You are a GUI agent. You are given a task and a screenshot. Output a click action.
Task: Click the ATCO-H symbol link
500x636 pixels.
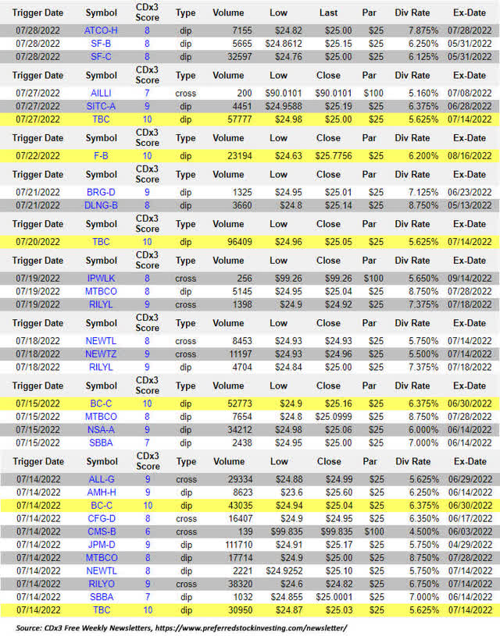click(101, 30)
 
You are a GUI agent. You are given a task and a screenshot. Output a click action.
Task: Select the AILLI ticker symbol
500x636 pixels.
click(101, 92)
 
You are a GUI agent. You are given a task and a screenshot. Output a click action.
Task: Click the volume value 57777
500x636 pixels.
click(235, 119)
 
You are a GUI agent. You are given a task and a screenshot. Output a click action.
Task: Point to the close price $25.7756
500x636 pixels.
click(329, 155)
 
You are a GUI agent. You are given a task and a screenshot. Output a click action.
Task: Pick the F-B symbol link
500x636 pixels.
click(101, 155)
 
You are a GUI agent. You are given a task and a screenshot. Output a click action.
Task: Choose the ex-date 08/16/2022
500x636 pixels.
click(469, 155)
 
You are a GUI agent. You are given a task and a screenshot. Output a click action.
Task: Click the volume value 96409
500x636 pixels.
click(235, 242)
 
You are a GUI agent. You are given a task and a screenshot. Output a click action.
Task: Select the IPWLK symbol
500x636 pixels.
click(101, 278)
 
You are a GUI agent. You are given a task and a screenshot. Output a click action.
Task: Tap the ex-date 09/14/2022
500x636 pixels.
click(469, 278)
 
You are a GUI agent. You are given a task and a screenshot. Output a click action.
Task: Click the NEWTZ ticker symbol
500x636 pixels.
click(101, 354)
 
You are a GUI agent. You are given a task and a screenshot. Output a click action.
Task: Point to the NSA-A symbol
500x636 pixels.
click(101, 428)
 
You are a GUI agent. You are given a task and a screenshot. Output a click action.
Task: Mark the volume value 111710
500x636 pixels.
click(234, 544)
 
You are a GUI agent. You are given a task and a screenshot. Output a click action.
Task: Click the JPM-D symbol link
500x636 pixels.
click(101, 544)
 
